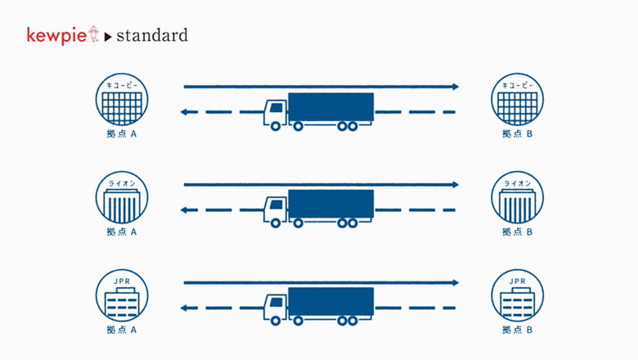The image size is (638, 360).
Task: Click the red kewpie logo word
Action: pyautogui.click(x=56, y=36)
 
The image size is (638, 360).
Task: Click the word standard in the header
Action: pyautogui.click(x=152, y=35)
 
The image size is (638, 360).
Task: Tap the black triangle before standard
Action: pyautogui.click(x=108, y=37)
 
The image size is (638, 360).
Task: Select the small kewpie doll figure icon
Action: pyautogui.click(x=93, y=34)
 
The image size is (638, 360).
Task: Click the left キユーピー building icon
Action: pyautogui.click(x=122, y=99)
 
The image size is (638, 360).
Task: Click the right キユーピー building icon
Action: pyautogui.click(x=517, y=99)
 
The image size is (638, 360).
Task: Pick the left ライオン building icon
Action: pyautogui.click(x=122, y=197)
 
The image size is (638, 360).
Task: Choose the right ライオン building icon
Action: pyautogui.click(x=517, y=197)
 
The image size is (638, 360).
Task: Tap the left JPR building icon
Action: pyautogui.click(x=122, y=295)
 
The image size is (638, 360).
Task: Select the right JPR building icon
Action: pyautogui.click(x=517, y=295)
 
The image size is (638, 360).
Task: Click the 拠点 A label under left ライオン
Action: pyautogui.click(x=122, y=232)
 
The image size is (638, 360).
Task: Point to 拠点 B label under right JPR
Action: pyautogui.click(x=517, y=330)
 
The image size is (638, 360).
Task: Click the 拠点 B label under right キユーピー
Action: pyautogui.click(x=517, y=134)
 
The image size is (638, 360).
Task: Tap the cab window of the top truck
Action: pyautogui.click(x=276, y=107)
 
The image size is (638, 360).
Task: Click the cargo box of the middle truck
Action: pyautogui.click(x=330, y=205)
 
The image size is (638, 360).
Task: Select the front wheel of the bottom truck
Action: pyautogui.click(x=276, y=321)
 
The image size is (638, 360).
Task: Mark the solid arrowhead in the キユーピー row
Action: pyautogui.click(x=456, y=87)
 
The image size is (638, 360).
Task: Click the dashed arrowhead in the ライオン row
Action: pyautogui.click(x=183, y=210)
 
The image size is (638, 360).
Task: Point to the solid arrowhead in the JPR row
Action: pyautogui.click(x=456, y=283)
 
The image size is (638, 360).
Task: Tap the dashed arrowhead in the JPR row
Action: pyautogui.click(x=183, y=308)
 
